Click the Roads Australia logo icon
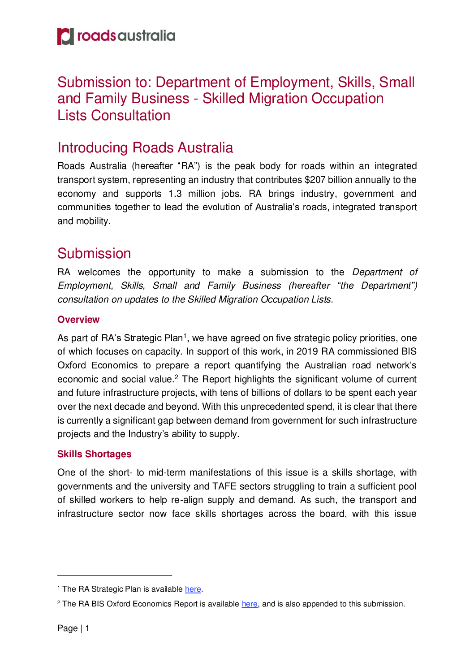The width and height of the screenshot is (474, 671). [65, 36]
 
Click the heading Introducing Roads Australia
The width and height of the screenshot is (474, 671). [145, 147]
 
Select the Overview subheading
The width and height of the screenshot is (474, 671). [78, 320]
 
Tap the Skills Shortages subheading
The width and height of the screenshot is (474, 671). [94, 454]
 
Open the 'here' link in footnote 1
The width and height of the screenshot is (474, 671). [193, 589]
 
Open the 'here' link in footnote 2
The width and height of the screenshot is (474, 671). [250, 604]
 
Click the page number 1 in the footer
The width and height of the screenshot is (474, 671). [87, 628]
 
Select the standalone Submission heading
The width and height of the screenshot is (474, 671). [94, 253]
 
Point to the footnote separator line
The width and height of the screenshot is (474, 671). [115, 575]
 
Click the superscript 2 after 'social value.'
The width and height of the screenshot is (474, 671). [177, 377]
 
